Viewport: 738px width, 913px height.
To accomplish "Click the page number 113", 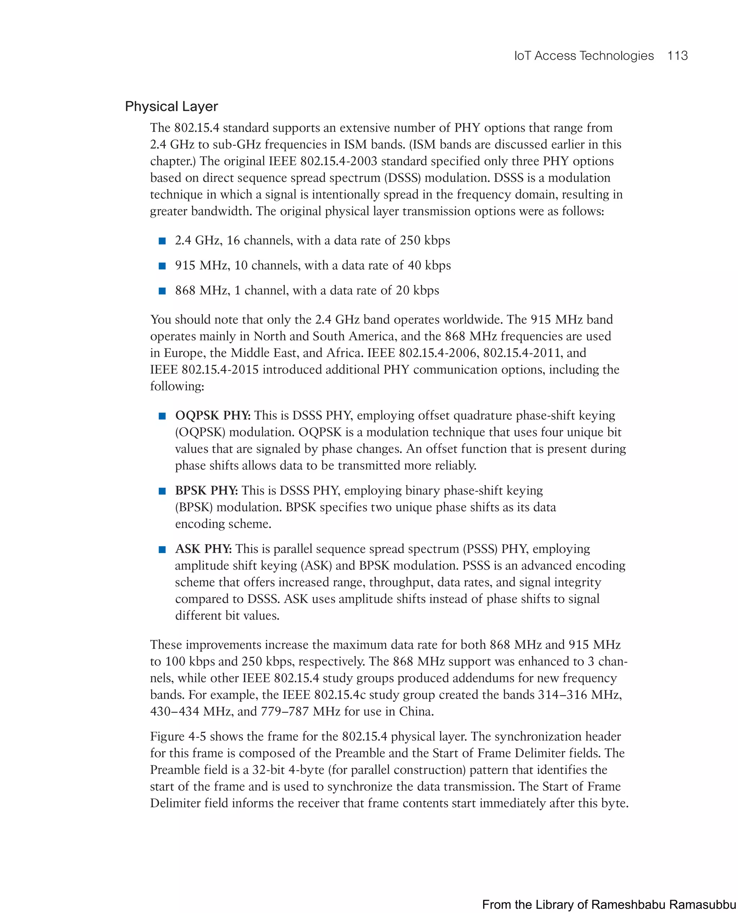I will point(677,56).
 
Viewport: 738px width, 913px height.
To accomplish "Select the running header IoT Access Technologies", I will point(584,56).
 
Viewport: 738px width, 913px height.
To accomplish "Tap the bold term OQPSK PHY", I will point(213,415).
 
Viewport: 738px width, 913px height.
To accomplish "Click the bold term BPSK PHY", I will point(206,490).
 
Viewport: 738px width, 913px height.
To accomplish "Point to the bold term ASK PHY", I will point(203,549).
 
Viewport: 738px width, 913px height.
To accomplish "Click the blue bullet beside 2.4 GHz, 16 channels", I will point(162,241).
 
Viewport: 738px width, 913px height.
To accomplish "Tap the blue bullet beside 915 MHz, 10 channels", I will point(162,266).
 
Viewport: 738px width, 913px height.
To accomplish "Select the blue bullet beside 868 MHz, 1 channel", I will point(162,291).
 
